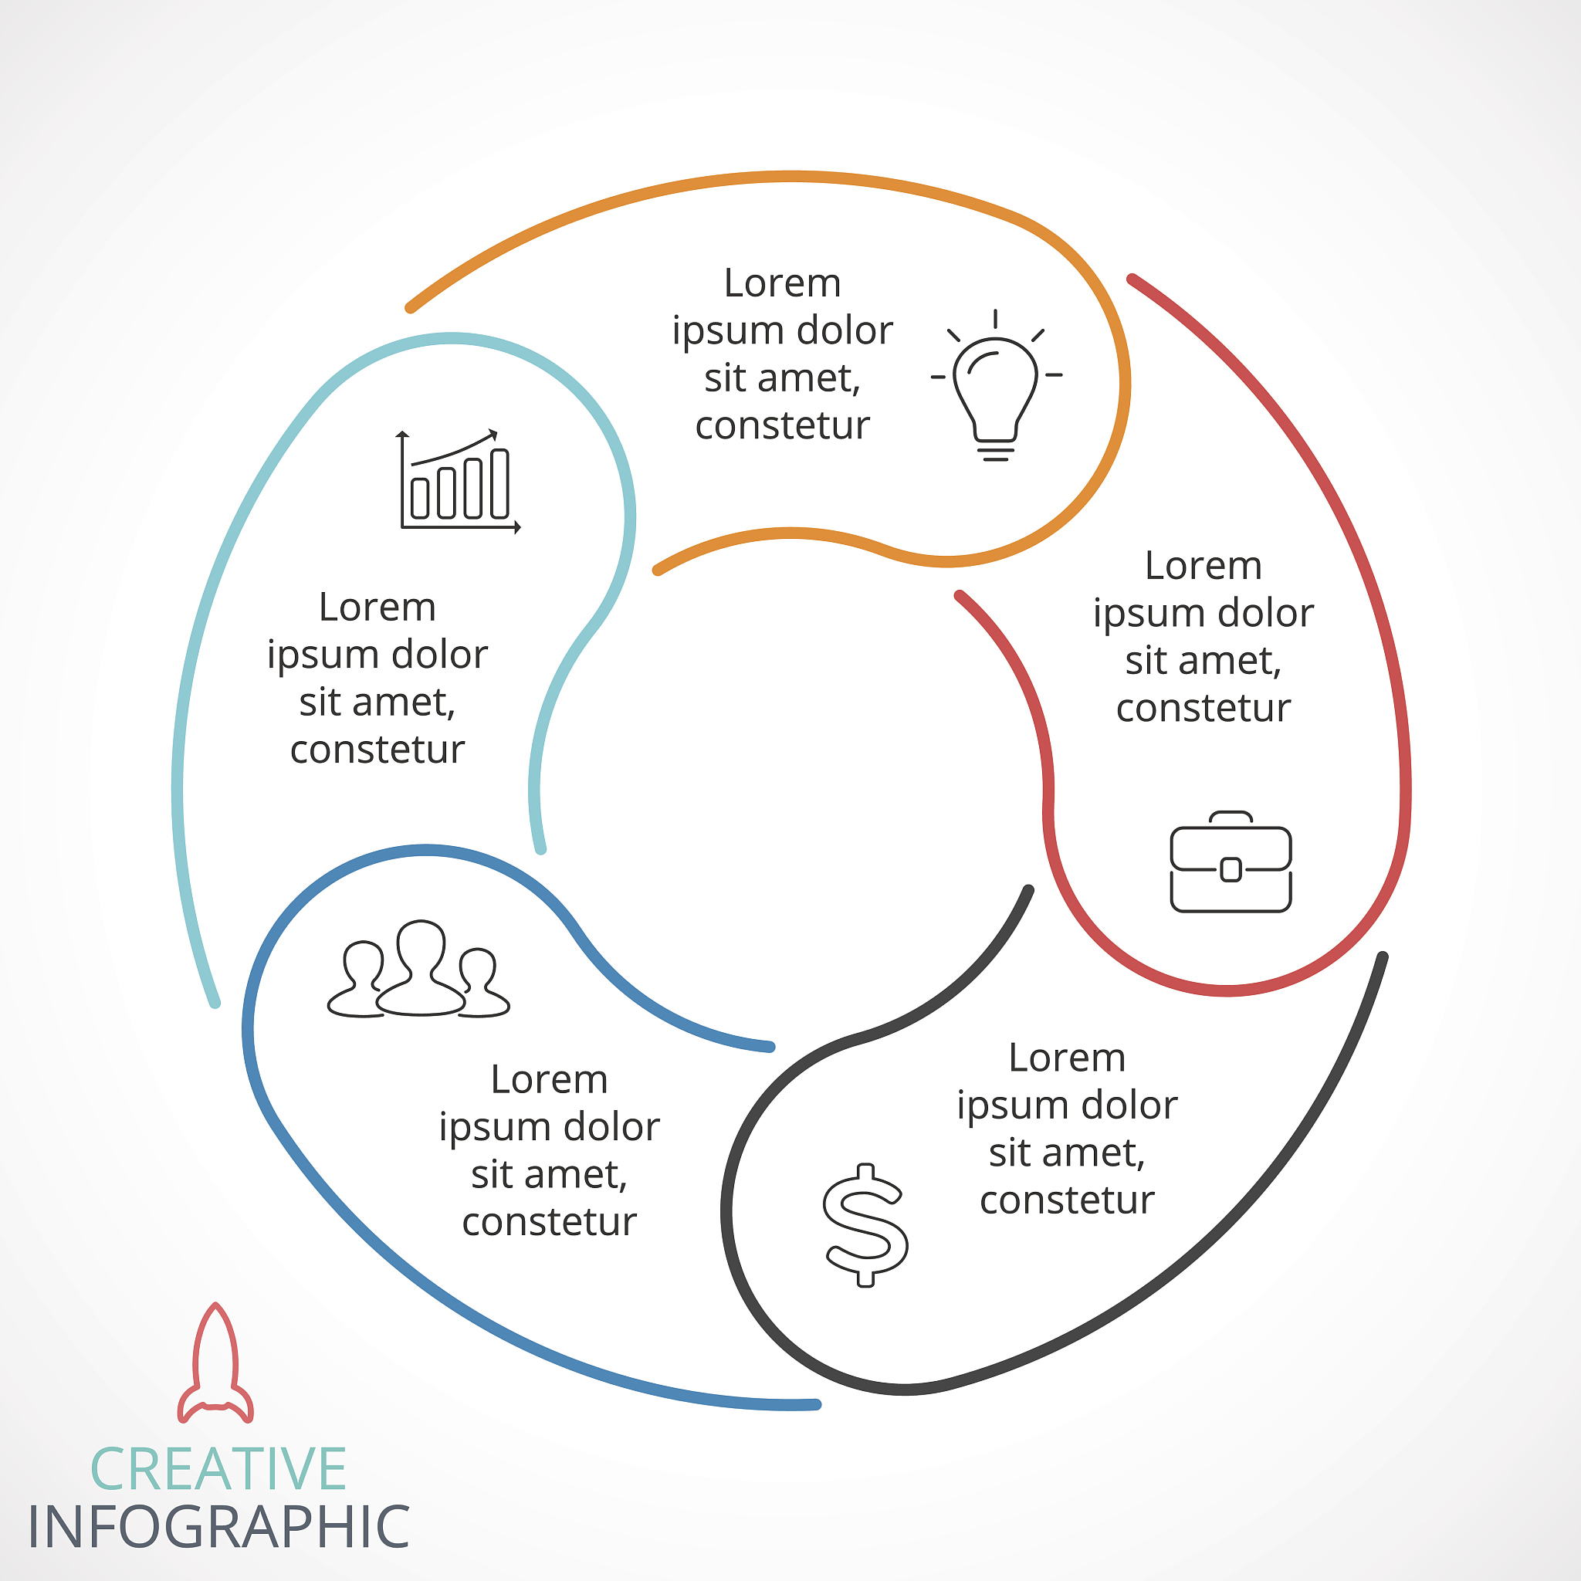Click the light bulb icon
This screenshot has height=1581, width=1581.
(x=996, y=385)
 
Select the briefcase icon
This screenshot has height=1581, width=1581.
(x=1231, y=862)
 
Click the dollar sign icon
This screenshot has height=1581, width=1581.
(x=865, y=1224)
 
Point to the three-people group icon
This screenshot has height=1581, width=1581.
(x=418, y=969)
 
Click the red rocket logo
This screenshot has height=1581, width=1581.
(x=215, y=1363)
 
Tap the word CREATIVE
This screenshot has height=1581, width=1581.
(x=218, y=1469)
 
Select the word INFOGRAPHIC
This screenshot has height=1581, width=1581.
(x=218, y=1527)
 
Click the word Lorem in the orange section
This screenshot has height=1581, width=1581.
(x=782, y=283)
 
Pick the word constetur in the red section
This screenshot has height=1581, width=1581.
(x=1203, y=708)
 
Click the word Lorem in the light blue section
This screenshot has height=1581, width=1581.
(x=377, y=608)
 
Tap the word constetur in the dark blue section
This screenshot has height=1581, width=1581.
(x=549, y=1222)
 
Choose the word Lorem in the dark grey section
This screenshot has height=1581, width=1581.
(x=1067, y=1058)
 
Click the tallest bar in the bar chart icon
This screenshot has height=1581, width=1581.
(x=499, y=482)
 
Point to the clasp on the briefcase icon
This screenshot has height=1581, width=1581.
(x=1231, y=869)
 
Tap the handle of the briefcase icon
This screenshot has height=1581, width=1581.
(x=1231, y=817)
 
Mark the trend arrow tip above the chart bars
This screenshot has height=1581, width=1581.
(x=496, y=431)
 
